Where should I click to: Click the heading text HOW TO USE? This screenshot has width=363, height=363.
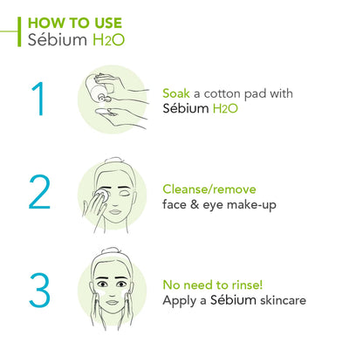pyautogui.click(x=75, y=22)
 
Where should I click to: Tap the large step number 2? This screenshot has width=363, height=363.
pyautogui.click(x=39, y=192)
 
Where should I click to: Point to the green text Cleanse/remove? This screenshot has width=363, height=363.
pyautogui.click(x=215, y=189)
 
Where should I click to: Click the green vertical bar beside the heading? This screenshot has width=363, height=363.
pyautogui.click(x=19, y=30)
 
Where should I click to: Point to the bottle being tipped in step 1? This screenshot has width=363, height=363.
pyautogui.click(x=99, y=86)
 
